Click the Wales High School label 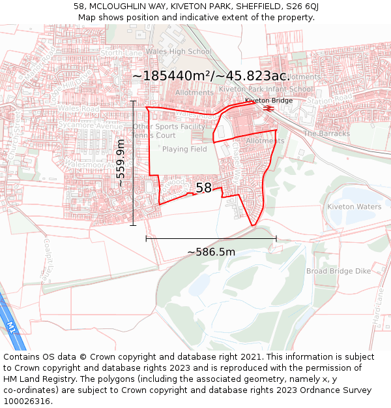179,52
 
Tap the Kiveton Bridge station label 268,101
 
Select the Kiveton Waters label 354,206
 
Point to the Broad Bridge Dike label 338,271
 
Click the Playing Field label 184,149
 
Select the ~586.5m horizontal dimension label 211,252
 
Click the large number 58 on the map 204,188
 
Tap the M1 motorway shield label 11,325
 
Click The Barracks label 326,133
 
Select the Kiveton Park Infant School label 266,89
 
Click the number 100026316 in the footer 26,401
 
